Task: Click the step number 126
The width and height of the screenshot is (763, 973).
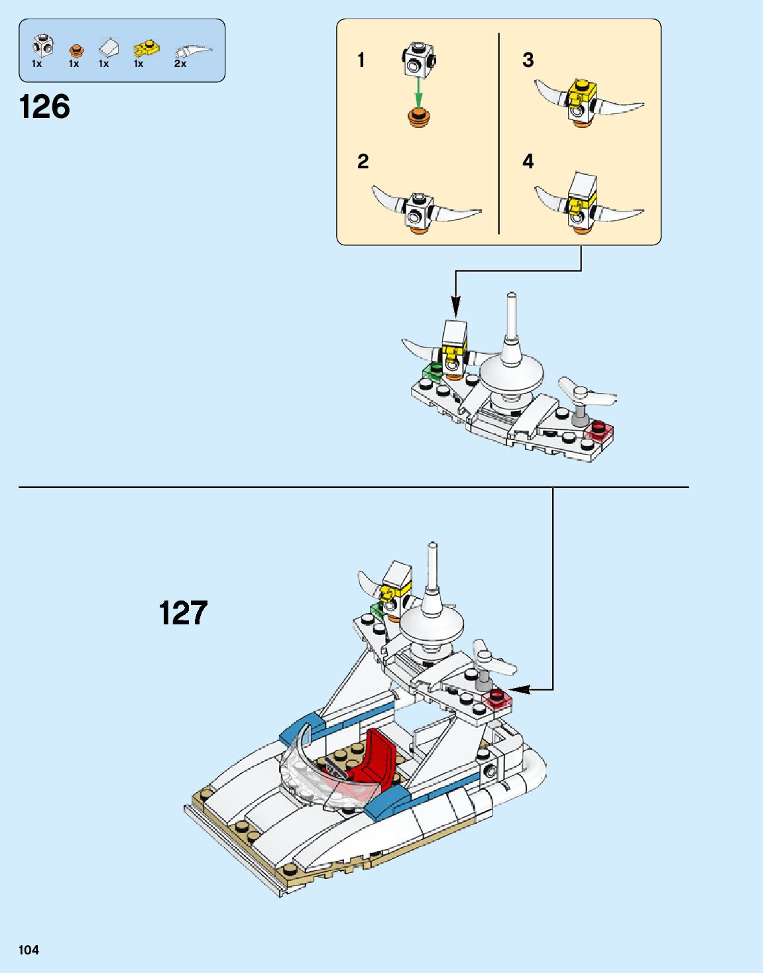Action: (x=44, y=107)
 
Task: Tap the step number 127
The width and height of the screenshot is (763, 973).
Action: (x=183, y=613)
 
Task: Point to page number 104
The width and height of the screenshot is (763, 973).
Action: (x=29, y=950)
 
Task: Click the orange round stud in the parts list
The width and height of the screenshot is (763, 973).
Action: (x=76, y=50)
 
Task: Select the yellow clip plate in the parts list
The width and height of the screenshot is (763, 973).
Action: (x=146, y=48)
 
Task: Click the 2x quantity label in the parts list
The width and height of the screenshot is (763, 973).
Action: (x=180, y=64)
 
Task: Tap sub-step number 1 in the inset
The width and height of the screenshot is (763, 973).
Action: (x=361, y=60)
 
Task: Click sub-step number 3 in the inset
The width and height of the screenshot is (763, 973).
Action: (x=528, y=60)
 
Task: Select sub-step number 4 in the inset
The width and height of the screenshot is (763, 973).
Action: (x=528, y=161)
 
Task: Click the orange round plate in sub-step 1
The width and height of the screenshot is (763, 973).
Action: (x=418, y=118)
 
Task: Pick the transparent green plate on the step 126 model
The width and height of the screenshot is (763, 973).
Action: (x=432, y=371)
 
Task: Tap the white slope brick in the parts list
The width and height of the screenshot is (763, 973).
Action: (x=109, y=48)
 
